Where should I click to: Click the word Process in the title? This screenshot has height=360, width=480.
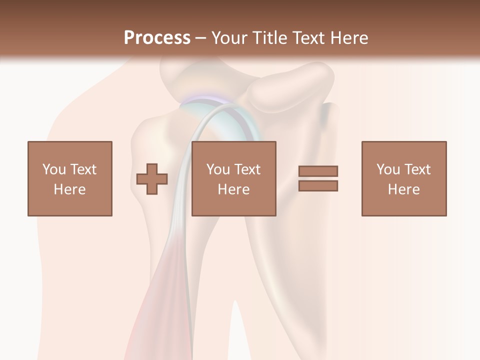pos(157,37)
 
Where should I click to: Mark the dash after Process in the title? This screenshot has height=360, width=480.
pos(200,38)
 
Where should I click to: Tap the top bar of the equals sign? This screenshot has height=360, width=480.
pos(318,171)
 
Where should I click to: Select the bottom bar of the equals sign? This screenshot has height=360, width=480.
pos(318,185)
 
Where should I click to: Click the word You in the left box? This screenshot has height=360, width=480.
pos(54,169)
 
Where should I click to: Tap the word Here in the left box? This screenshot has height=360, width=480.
pos(69,189)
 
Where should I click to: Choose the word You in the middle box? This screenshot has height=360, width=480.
pos(218,169)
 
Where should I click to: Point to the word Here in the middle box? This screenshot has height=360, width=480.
pos(233,189)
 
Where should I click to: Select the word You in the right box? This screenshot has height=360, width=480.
pos(388,169)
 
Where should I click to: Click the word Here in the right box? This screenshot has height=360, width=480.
pos(403,189)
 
